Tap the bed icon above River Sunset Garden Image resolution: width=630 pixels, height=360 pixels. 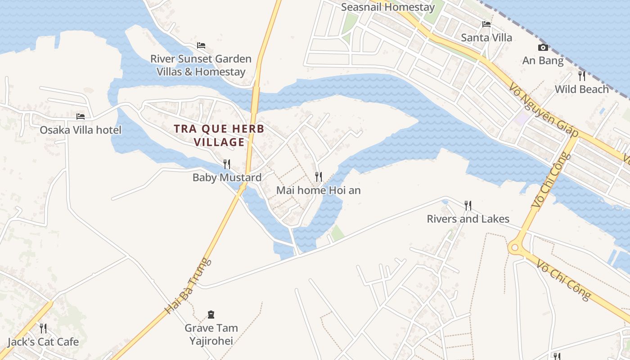(x=201, y=45)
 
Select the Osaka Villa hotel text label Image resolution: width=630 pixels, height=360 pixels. (x=81, y=130)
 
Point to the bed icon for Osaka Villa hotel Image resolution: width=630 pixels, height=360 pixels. (x=81, y=116)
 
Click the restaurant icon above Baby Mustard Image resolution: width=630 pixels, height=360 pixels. (x=227, y=164)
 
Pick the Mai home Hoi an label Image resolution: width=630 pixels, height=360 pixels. (x=318, y=190)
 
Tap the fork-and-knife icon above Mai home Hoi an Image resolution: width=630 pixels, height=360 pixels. (x=319, y=176)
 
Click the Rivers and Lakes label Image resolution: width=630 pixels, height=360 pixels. (x=468, y=219)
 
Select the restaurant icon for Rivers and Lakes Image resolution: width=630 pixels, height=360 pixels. (x=468, y=206)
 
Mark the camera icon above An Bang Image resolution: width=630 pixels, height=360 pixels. (x=543, y=47)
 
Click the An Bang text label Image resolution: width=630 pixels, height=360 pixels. (x=543, y=60)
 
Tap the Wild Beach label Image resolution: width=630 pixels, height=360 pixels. (x=581, y=89)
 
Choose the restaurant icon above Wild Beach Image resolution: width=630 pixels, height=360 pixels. (x=582, y=76)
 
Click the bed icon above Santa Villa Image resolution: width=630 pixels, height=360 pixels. (x=486, y=24)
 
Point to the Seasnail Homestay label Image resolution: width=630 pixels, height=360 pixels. (x=387, y=7)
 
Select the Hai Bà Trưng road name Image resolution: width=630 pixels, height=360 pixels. (x=188, y=286)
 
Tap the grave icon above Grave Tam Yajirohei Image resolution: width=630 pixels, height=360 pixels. (x=211, y=314)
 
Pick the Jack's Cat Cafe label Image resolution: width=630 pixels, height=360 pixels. (x=43, y=342)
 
